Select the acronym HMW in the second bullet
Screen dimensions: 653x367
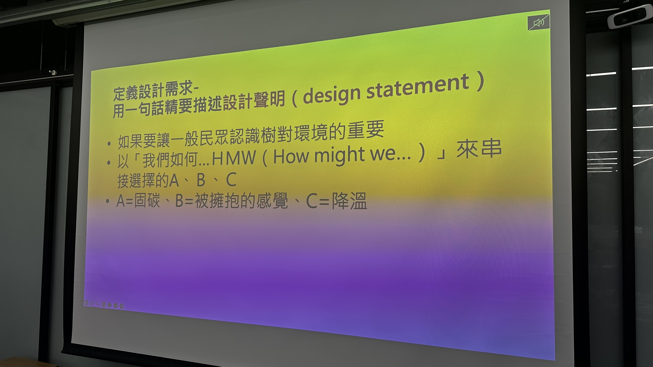tap(234, 158)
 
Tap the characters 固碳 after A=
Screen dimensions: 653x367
tap(147, 201)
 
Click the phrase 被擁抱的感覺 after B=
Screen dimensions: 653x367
tap(241, 201)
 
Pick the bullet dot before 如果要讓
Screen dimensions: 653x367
tap(109, 144)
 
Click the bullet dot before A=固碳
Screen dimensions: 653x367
tap(108, 201)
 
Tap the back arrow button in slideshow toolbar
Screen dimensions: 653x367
tap(86, 302)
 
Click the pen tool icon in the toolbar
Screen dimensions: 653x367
tap(92, 303)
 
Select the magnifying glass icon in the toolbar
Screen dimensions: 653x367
tap(98, 303)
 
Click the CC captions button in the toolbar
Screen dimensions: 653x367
tap(104, 304)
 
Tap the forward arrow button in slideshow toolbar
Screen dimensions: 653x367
tap(122, 306)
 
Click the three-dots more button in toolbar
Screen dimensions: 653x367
tap(116, 305)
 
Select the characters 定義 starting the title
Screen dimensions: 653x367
tap(126, 93)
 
